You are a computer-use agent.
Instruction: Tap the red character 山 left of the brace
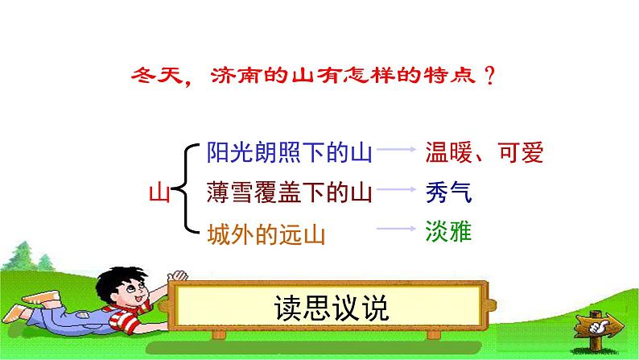(161, 193)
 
